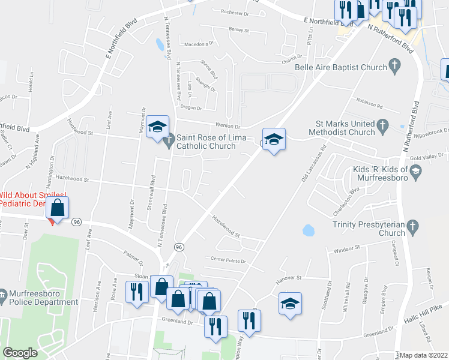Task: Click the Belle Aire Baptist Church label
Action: click(341, 67)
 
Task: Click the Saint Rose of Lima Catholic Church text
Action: click(205, 142)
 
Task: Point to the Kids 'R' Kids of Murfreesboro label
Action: click(377, 173)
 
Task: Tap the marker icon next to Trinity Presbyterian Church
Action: click(412, 226)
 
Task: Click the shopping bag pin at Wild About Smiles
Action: click(57, 208)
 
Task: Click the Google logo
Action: click(20, 353)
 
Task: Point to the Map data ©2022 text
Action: click(424, 355)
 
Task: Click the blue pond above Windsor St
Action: click(309, 230)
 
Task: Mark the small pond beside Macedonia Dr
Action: click(158, 44)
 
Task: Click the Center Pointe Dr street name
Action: click(229, 259)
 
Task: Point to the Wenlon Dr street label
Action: click(228, 127)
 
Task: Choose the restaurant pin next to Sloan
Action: click(136, 292)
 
